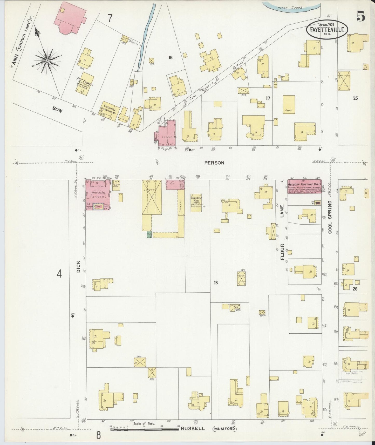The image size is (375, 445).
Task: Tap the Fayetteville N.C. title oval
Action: pyautogui.click(x=327, y=30)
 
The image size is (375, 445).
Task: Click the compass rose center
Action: pyautogui.click(x=47, y=60)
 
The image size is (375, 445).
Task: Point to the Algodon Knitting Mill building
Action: pyautogui.click(x=304, y=186)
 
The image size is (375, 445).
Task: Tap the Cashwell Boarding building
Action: pyautogui.click(x=110, y=111)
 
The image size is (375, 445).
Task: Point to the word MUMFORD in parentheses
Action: pyautogui.click(x=225, y=429)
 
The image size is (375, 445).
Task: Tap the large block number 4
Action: pyautogui.click(x=59, y=274)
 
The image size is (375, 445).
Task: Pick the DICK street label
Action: pyautogui.click(x=78, y=266)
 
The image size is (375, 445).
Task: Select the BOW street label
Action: pyautogui.click(x=57, y=110)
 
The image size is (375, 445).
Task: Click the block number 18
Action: pyautogui.click(x=216, y=283)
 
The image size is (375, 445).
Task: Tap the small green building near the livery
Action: pyautogui.click(x=149, y=234)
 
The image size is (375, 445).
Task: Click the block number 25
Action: pyautogui.click(x=355, y=98)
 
